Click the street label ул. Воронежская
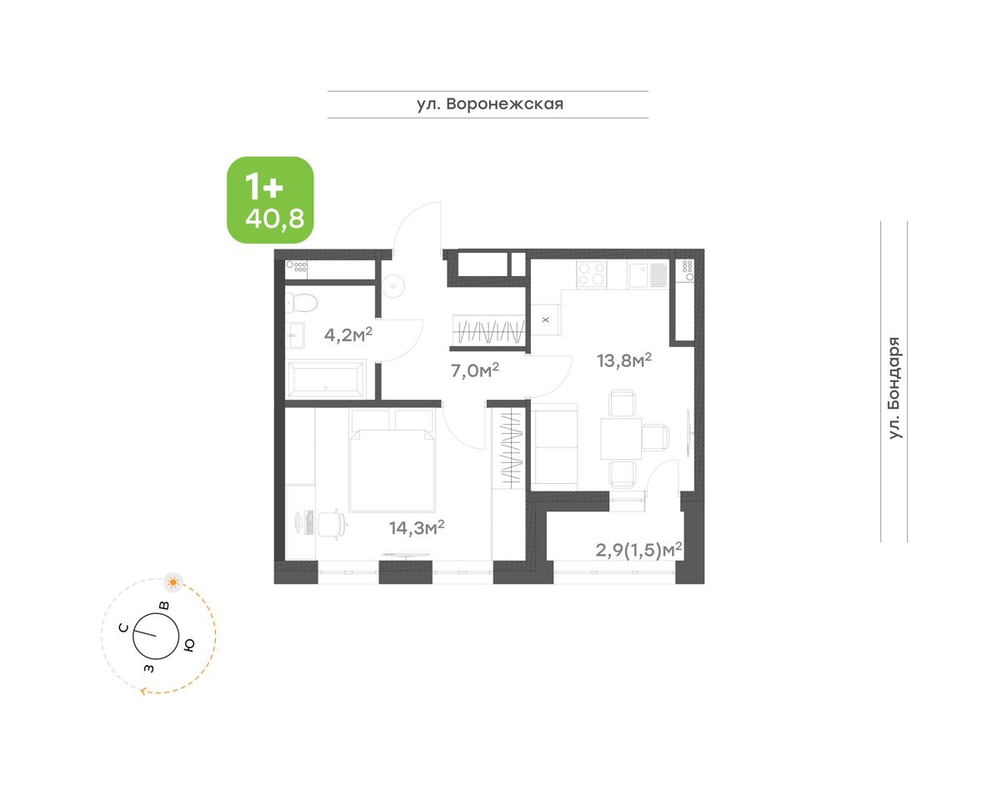click(490, 104)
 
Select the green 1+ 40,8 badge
click(270, 200)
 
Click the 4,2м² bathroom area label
click(348, 335)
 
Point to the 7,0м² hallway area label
click(475, 370)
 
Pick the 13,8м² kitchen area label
click(624, 360)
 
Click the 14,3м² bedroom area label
click(417, 527)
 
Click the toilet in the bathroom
click(301, 304)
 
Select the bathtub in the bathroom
click(326, 379)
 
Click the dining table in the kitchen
click(621, 439)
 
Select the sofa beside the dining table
click(555, 447)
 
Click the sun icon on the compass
click(173, 582)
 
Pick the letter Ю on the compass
click(188, 645)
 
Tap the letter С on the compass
click(123, 627)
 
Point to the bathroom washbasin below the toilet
click(295, 335)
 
